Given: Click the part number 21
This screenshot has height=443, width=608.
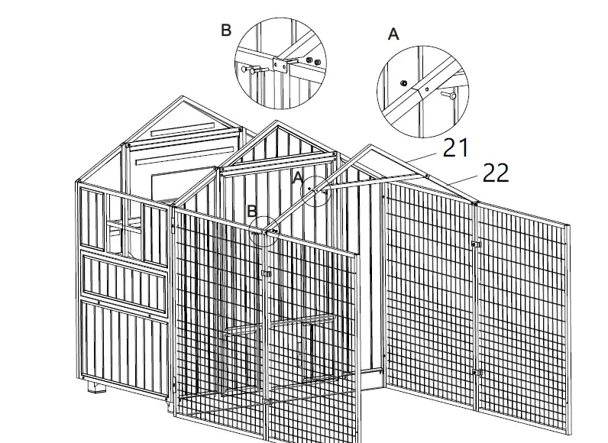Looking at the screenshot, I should coord(456,147).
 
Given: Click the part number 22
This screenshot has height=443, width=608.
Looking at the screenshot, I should coord(496,173).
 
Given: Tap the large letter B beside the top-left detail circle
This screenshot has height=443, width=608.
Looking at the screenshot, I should coord(225,31).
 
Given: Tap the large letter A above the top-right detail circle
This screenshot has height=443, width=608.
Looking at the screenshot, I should coord(394,34).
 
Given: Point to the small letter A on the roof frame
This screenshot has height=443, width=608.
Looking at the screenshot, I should coord(299,177).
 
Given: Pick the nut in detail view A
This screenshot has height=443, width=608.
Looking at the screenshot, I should coord(403,81).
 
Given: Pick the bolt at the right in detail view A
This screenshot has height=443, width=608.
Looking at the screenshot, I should coord(450,96).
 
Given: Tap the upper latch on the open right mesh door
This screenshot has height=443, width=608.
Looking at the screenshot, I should coord(477,244).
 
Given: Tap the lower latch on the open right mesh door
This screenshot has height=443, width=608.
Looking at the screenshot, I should coord(477,373).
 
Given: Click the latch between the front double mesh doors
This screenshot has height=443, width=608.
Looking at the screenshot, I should coord(265,273).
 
